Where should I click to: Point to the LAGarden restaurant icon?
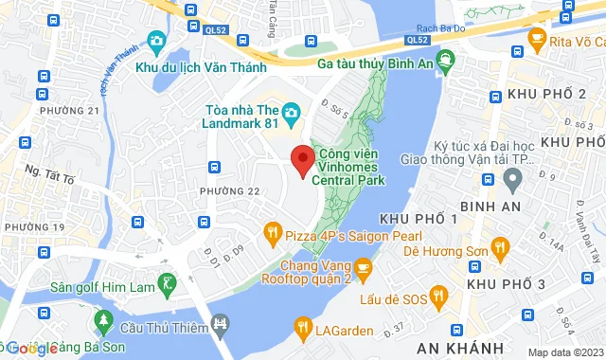coord(303,327)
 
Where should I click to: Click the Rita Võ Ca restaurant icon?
coord(538,40)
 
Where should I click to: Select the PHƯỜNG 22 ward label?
coord(229,190)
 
